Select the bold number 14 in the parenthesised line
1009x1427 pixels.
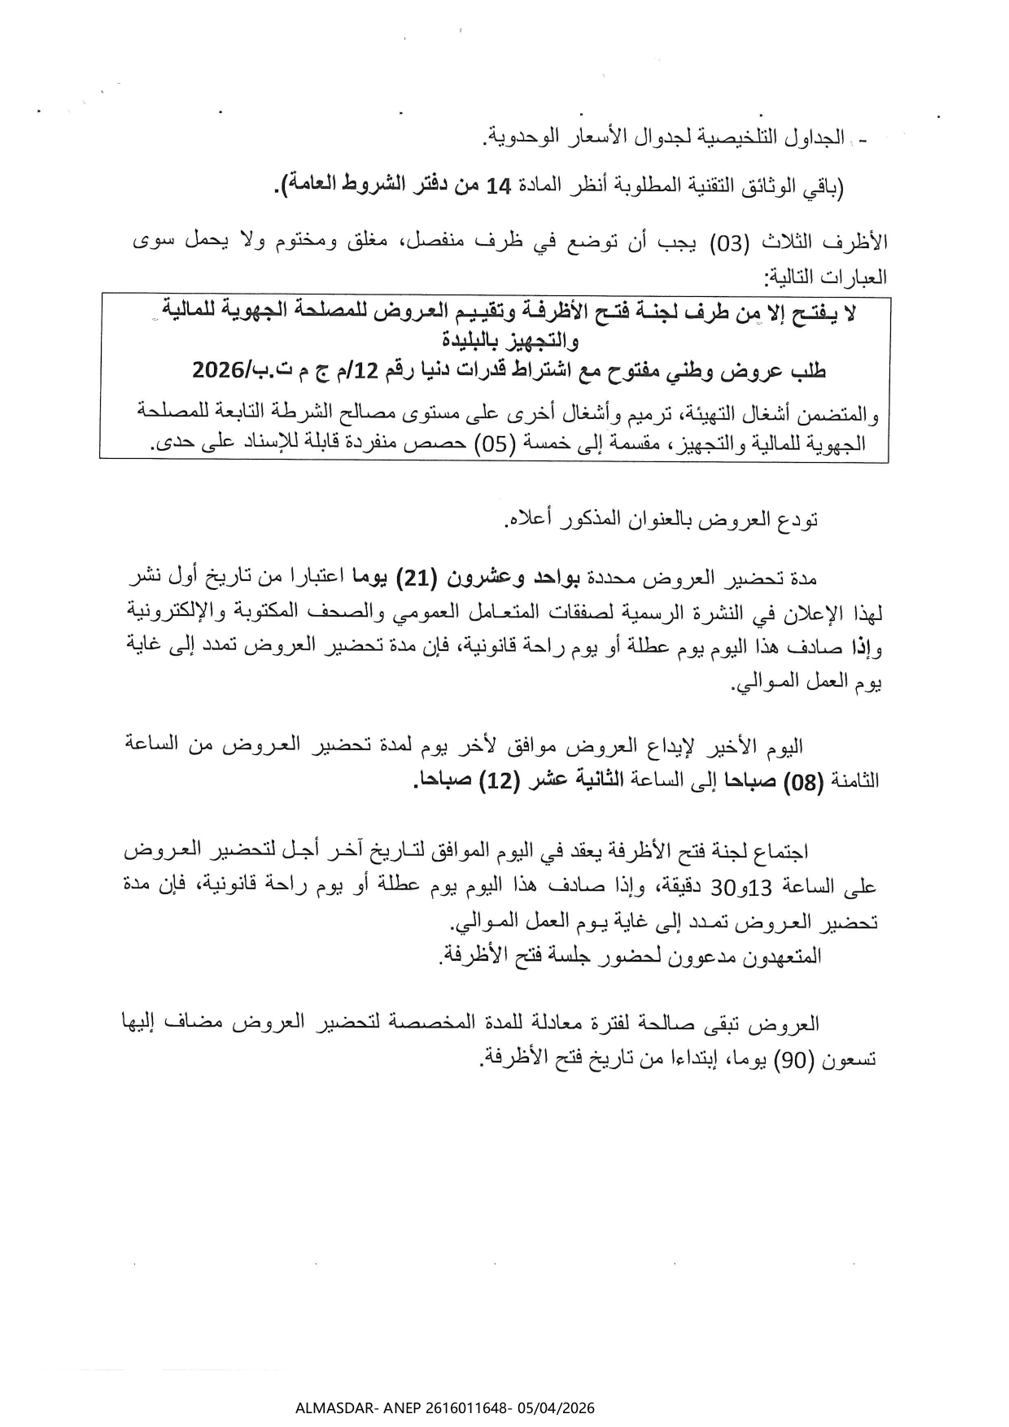498,187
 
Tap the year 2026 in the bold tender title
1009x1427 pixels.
216,370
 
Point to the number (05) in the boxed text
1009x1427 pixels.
491,444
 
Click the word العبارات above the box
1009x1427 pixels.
856,277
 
